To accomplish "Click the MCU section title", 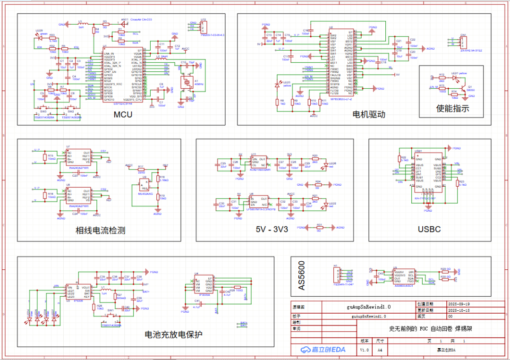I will pos(123,115).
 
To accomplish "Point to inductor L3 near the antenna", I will pos(81,24).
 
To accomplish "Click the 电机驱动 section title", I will pos(369,114).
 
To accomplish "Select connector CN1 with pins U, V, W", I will pos(463,42).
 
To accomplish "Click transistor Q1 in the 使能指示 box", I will pos(466,88).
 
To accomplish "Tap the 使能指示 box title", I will pos(452,109).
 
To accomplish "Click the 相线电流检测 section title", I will pos(100,231).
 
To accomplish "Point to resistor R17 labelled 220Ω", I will pos(141,170).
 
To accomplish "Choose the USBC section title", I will pos(429,230).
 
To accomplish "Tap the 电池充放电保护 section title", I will pos(173,334).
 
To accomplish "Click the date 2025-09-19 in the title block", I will pos(447,304).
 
